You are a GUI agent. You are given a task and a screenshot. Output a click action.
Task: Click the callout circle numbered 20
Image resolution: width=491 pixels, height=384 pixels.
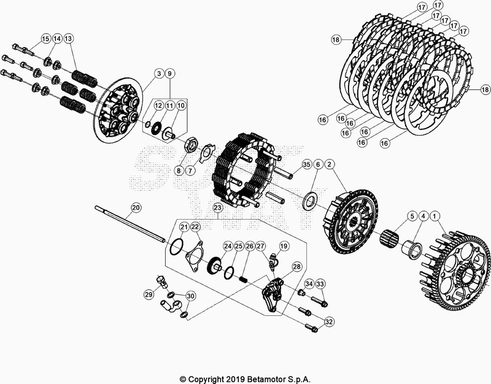click(x=136, y=208)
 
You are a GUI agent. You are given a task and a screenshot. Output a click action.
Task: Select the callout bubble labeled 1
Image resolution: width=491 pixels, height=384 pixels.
click(x=435, y=216)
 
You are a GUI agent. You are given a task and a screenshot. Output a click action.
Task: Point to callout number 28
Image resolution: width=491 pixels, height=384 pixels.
click(x=296, y=267)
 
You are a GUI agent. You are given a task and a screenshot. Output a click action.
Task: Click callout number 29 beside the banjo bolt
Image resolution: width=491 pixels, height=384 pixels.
click(x=149, y=295)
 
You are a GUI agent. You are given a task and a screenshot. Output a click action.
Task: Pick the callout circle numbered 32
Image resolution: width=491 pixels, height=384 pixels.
click(x=330, y=321)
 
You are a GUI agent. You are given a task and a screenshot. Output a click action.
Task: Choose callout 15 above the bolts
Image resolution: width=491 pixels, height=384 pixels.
click(x=45, y=39)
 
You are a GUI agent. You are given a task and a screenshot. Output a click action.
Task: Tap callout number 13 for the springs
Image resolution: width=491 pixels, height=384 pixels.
click(x=69, y=39)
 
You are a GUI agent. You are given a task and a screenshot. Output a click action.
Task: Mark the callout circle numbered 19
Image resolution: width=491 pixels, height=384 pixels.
click(x=284, y=246)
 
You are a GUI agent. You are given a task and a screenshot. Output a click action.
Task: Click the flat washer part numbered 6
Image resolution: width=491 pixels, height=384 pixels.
click(x=310, y=199)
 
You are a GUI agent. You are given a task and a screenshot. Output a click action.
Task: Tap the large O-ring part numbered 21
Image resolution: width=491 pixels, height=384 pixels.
click(x=176, y=247)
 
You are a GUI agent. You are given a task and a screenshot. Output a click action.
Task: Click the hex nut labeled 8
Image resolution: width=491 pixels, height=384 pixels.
click(x=190, y=147)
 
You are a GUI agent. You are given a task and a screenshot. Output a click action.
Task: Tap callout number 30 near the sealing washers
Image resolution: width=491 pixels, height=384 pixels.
click(x=190, y=296)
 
